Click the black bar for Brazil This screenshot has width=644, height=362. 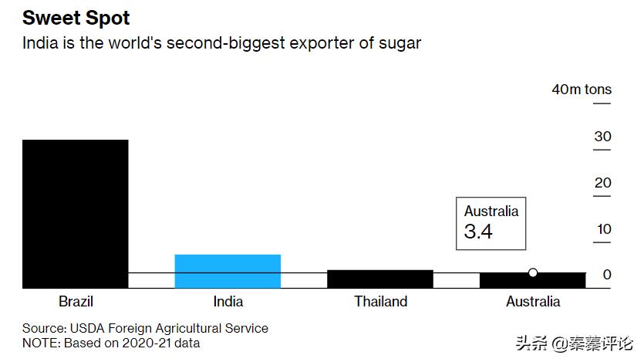click(75, 213)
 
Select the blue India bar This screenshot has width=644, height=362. click(228, 271)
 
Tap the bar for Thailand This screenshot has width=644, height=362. click(379, 279)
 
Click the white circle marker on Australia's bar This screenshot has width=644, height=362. click(533, 272)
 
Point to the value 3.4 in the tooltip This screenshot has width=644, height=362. click(478, 231)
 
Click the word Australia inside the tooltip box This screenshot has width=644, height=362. click(491, 211)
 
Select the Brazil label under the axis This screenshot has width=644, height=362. click(76, 302)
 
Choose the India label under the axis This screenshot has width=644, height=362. click(228, 302)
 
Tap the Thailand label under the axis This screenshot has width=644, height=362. click(380, 302)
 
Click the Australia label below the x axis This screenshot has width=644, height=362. click(533, 302)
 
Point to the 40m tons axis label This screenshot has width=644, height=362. click(582, 90)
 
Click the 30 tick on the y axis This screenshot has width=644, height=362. click(602, 137)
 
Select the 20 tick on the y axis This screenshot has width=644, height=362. click(602, 183)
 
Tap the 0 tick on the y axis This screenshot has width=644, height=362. click(607, 275)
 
